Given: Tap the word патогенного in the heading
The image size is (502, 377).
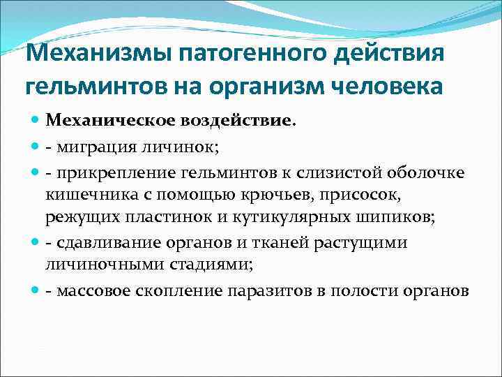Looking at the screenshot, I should point(249,54).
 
